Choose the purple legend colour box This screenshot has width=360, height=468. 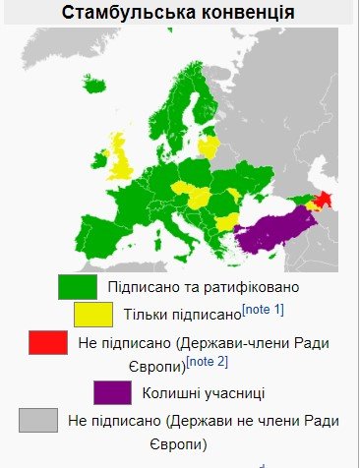click(111, 392)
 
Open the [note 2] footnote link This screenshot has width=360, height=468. click(208, 362)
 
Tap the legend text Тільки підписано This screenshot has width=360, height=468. click(183, 315)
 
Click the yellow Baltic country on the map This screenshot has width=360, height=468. click(208, 146)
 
